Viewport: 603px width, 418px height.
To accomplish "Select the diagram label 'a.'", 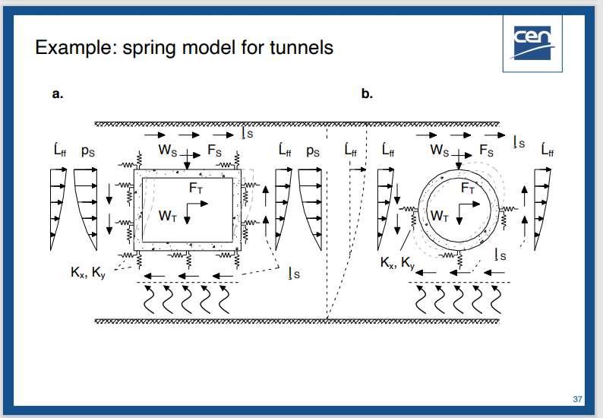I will tap(56, 94).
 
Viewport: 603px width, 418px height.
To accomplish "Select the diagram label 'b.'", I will tap(367, 94).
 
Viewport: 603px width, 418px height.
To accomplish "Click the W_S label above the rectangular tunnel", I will tap(168, 150).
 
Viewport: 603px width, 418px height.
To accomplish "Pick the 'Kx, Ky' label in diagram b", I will tap(397, 263).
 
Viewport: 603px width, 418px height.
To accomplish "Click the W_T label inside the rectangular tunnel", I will tap(169, 215).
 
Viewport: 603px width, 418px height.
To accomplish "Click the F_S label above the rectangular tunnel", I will tap(215, 150).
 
